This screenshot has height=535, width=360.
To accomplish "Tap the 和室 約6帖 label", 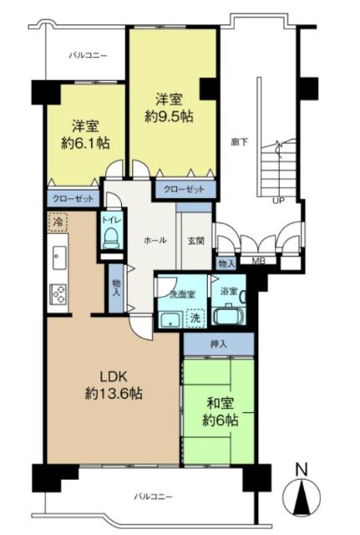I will pyautogui.click(x=218, y=412).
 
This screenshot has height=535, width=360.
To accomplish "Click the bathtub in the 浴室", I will pyautogui.click(x=226, y=316).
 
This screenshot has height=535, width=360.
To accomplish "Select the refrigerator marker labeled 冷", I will pyautogui.click(x=58, y=223).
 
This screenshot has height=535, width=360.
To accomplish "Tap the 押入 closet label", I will pyautogui.click(x=216, y=343).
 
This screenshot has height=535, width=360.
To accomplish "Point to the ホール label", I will pyautogui.click(x=155, y=240).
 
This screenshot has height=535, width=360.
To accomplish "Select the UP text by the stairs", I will pyautogui.click(x=277, y=201).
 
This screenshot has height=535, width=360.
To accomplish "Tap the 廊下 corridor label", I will pyautogui.click(x=238, y=142).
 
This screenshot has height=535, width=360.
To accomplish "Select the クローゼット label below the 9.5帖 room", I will pyautogui.click(x=184, y=189).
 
